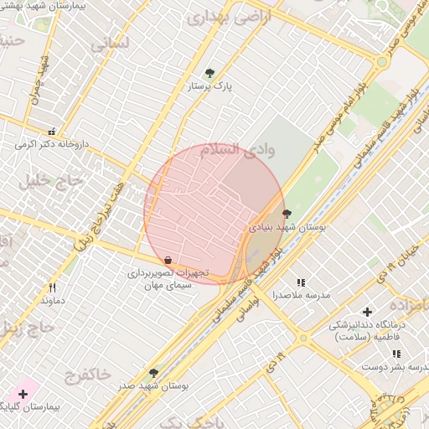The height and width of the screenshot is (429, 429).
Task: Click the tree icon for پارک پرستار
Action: pos(209,73)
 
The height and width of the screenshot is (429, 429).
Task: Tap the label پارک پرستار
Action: pos(209,85)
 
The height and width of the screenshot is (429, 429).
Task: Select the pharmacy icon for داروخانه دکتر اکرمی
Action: pos(52,132)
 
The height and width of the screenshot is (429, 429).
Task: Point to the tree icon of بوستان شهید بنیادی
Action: pos(287,214)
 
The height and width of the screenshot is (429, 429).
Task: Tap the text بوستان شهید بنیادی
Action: pos(287,226)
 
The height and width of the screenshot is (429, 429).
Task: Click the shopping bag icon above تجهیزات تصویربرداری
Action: pos(168,260)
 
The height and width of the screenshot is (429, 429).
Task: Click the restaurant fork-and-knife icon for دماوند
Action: pos(52,287)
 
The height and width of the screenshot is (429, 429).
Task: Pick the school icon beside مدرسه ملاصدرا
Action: pos(301,282)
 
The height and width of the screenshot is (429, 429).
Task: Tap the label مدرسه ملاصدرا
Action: pos(302,296)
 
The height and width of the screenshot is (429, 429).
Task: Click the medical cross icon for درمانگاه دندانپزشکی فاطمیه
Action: pos(366,312)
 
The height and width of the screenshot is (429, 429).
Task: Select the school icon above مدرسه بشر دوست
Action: pos(396,354)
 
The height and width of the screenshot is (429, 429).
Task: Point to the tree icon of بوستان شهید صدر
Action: pos(152,373)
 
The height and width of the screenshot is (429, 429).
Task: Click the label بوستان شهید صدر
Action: pos(152,385)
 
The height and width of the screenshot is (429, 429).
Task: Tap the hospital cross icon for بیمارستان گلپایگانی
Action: pos(23,393)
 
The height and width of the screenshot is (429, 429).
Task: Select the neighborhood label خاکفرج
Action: pos(86,374)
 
